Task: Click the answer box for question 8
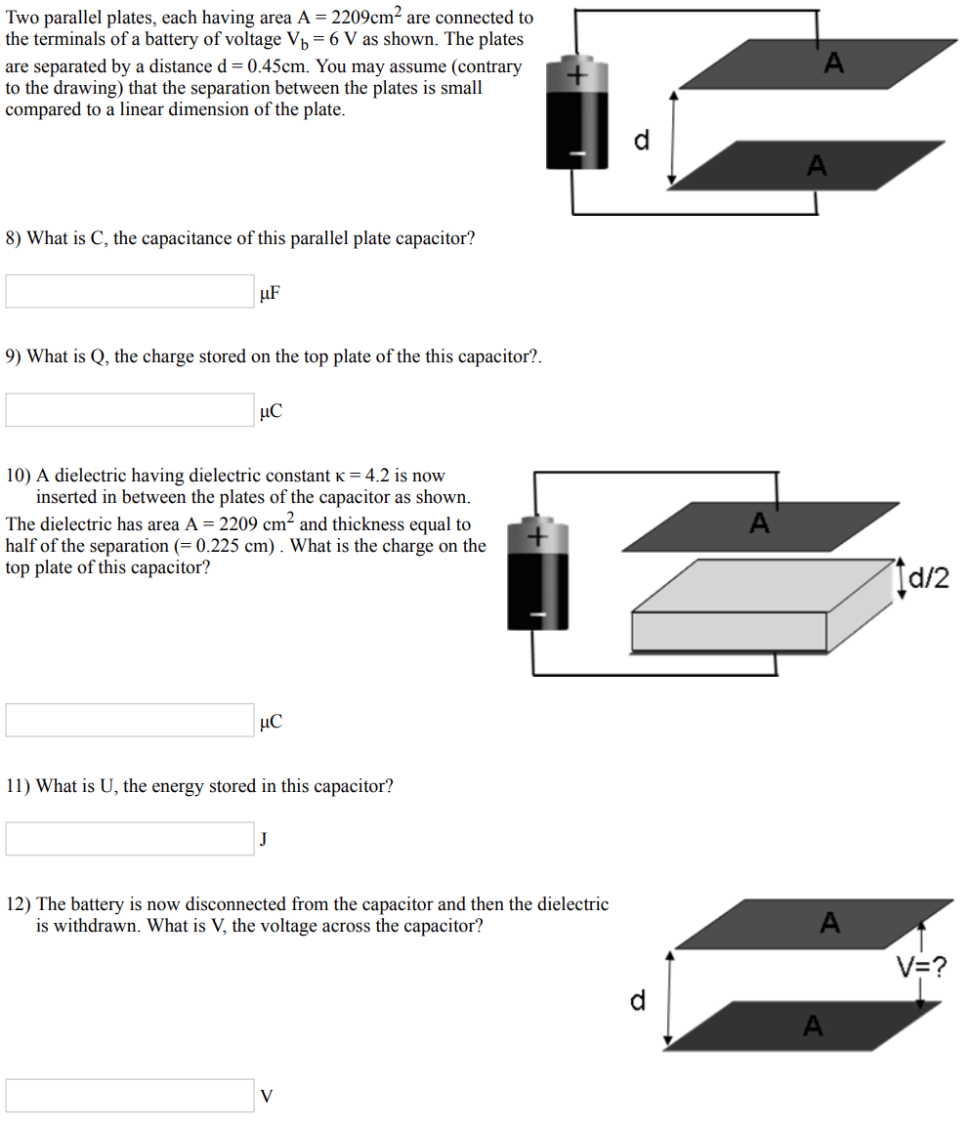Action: coord(130,291)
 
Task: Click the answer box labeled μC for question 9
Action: coord(130,410)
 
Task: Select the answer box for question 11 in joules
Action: coord(130,839)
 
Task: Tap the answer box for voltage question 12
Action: coord(130,1096)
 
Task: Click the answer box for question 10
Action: coord(130,721)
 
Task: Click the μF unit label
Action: coord(271,292)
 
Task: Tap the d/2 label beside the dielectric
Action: coord(928,579)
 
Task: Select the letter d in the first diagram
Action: coord(641,141)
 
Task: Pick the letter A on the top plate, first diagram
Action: coord(832,64)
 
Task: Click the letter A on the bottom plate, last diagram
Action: coord(813,1025)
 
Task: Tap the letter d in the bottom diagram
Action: coord(637,1000)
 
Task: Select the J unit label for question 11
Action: coord(265,840)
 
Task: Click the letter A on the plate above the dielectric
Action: coord(759,523)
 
